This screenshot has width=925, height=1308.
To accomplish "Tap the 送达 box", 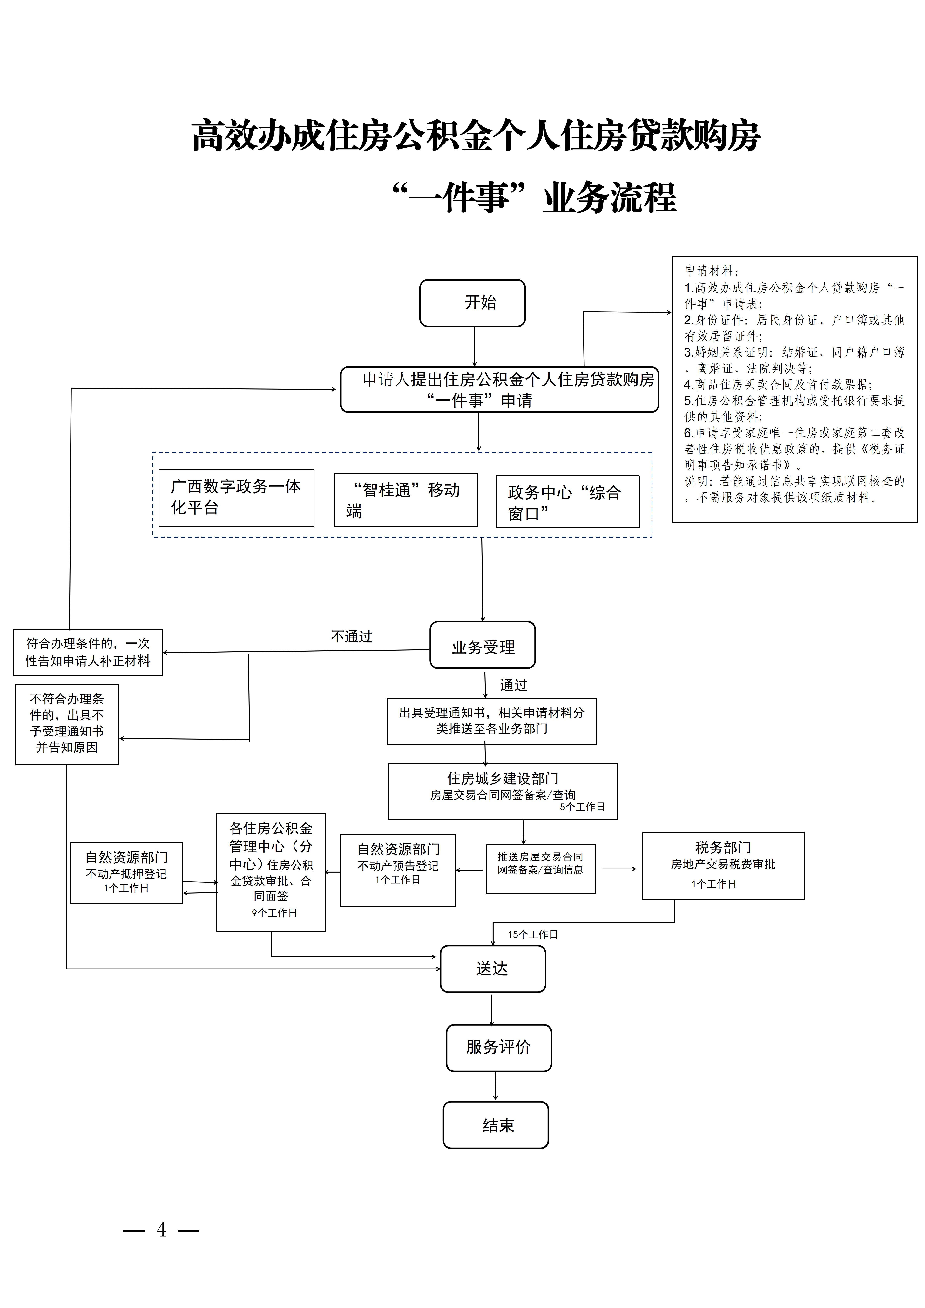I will [492, 969].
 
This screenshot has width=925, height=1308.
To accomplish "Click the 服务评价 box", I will [499, 1047].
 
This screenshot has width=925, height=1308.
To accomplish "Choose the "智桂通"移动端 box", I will [405, 500].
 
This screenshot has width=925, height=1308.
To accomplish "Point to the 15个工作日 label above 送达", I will [533, 934].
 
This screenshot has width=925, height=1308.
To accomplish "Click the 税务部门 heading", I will [723, 847].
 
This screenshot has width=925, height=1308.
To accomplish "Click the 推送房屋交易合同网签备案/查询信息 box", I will [540, 869].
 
